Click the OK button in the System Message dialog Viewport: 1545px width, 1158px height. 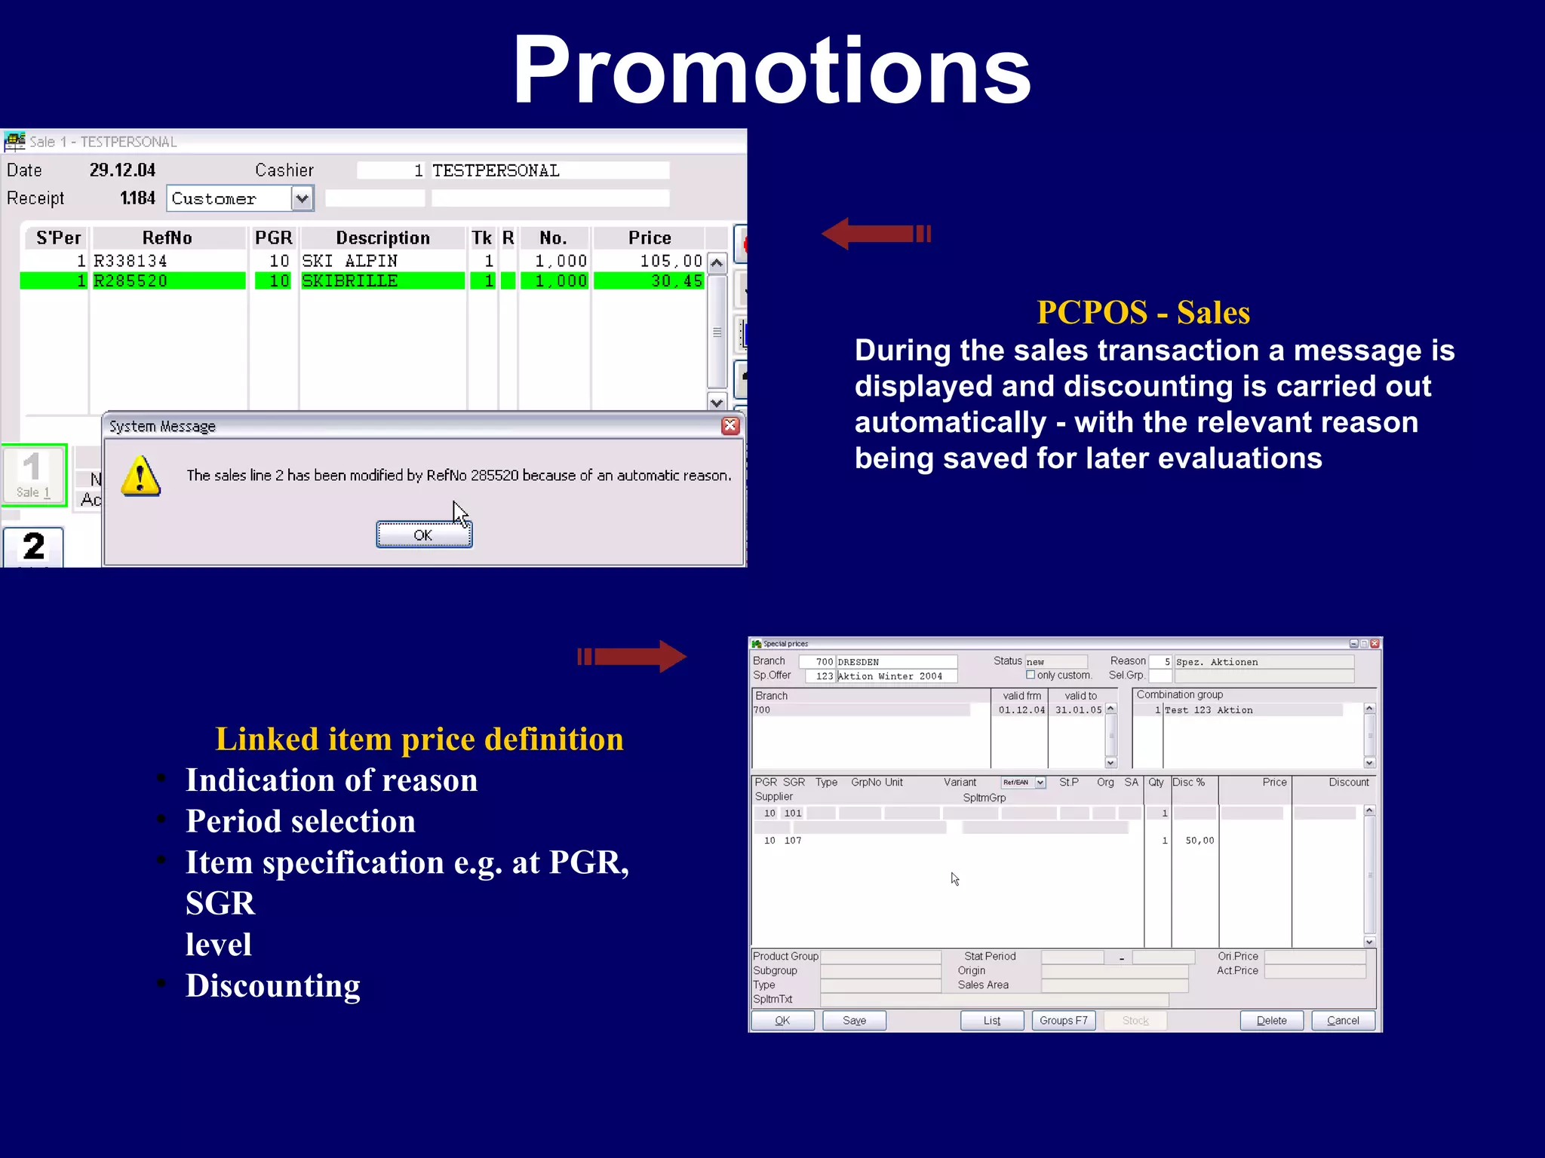[424, 535]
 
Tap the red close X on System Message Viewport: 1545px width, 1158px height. [730, 426]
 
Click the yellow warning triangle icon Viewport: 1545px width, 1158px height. [141, 476]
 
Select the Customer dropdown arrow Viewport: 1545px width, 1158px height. [303, 199]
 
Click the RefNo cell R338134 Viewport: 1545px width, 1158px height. [131, 261]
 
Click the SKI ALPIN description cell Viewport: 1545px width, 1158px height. [349, 261]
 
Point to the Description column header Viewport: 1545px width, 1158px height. [382, 238]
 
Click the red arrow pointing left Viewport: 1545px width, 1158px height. [875, 234]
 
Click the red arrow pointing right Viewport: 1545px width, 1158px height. [632, 657]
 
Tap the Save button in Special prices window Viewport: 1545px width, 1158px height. [854, 1020]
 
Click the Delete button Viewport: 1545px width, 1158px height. [1271, 1020]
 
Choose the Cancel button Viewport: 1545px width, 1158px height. [1343, 1020]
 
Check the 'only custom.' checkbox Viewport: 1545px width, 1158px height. [1031, 675]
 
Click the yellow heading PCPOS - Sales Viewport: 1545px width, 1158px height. [1143, 312]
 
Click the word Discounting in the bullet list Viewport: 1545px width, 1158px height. [273, 985]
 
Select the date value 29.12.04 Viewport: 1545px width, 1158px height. [122, 170]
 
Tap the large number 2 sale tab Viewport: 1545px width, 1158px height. [34, 547]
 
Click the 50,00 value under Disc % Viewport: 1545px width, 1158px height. [1199, 841]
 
